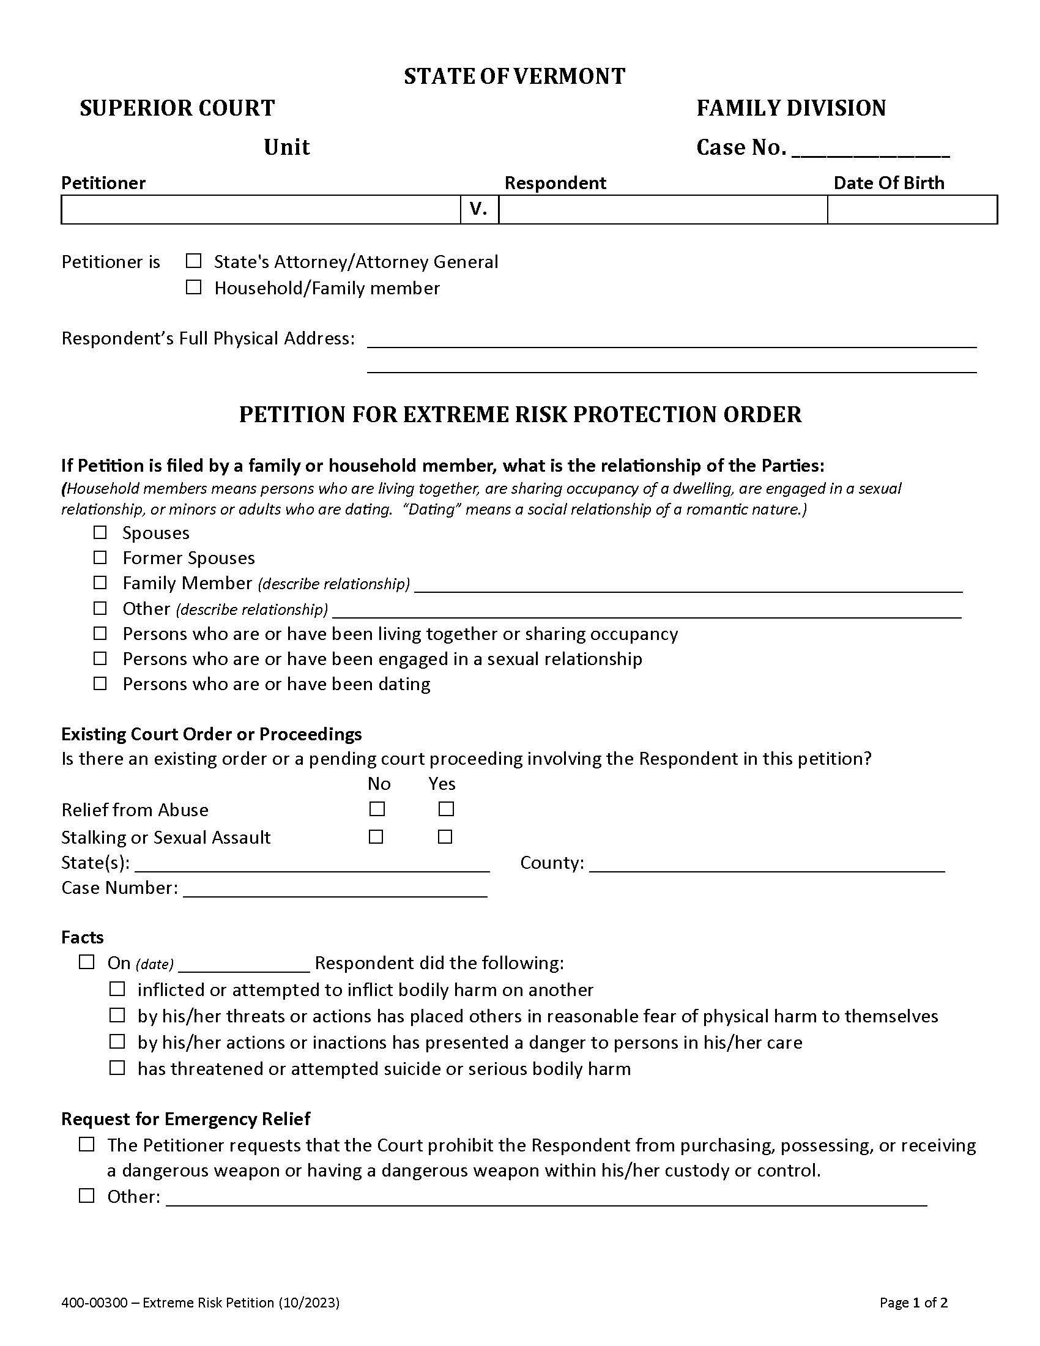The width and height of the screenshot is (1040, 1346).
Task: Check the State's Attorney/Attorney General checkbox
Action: point(193,261)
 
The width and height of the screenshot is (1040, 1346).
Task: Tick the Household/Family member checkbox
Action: point(193,287)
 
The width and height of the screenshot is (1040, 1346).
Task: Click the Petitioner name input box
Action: point(261,209)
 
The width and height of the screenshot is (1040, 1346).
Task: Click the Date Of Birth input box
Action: point(912,209)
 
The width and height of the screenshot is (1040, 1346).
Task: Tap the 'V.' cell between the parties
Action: point(479,209)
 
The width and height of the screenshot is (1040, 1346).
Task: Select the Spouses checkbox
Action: point(100,532)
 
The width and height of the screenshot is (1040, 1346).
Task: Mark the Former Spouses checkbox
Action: point(100,557)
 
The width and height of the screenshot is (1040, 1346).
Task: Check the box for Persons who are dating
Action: point(100,683)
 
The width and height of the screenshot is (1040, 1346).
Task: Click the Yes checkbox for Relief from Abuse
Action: point(446,809)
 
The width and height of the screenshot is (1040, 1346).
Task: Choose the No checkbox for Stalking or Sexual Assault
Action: point(376,837)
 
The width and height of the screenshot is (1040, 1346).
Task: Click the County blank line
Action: point(767,864)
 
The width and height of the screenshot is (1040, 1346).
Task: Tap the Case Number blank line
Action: point(335,890)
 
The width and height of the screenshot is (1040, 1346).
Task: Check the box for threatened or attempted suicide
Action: point(117,1068)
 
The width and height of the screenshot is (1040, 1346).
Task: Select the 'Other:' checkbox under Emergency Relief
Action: point(87,1195)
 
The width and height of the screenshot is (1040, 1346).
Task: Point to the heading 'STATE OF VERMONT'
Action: point(514,76)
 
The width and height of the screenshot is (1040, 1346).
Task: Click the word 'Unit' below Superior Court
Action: point(286,147)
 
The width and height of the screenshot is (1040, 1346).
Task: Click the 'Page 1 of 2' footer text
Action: point(913,1302)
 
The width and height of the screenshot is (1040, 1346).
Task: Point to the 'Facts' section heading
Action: point(83,937)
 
